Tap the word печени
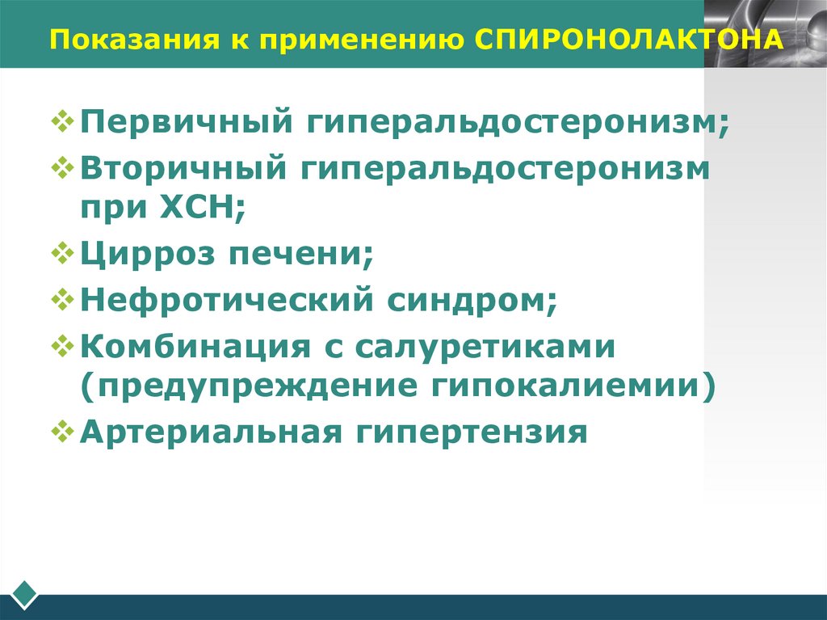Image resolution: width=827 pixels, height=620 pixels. pyautogui.click(x=299, y=256)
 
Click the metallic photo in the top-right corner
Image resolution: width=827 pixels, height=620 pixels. pyautogui.click(x=765, y=32)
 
